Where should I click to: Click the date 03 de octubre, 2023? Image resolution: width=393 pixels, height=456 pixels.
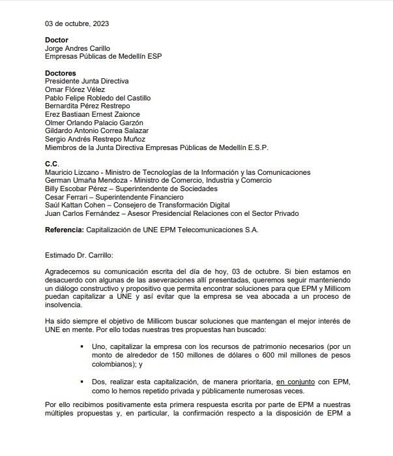77,23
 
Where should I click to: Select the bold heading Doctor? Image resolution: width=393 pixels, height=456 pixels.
57,40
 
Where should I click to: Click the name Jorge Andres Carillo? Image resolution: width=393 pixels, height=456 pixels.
78,48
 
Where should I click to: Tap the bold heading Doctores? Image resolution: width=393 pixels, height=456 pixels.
61,72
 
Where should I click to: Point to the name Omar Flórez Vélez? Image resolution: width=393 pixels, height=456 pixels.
75,89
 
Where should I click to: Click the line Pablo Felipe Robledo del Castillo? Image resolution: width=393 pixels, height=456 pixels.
97,98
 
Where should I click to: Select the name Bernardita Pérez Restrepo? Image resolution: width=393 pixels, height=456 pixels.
87,106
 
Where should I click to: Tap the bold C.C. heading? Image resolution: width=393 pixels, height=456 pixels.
52,164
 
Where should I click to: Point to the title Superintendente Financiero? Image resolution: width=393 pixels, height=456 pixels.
139,197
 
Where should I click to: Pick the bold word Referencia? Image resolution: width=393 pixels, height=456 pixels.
65,230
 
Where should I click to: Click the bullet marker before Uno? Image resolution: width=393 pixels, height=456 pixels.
82,346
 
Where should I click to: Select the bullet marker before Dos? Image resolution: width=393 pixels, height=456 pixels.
82,382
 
